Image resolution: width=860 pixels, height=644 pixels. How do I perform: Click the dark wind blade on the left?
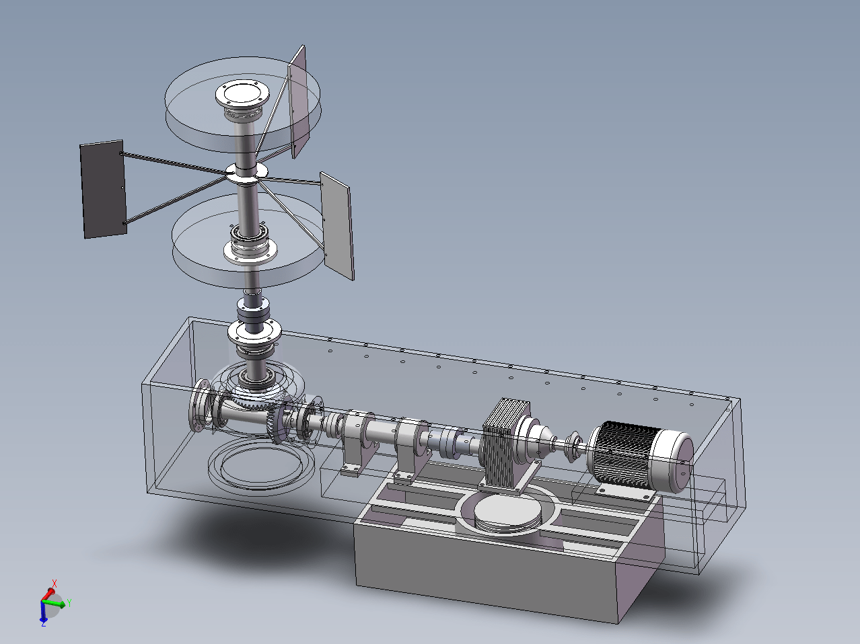click(x=103, y=189)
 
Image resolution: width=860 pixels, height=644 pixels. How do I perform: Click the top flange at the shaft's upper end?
click(x=242, y=94)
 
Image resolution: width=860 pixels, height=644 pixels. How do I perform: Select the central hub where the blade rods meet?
click(x=247, y=173)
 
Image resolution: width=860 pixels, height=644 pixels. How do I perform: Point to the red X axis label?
click(x=55, y=583)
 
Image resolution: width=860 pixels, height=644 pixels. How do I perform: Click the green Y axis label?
click(x=69, y=603)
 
